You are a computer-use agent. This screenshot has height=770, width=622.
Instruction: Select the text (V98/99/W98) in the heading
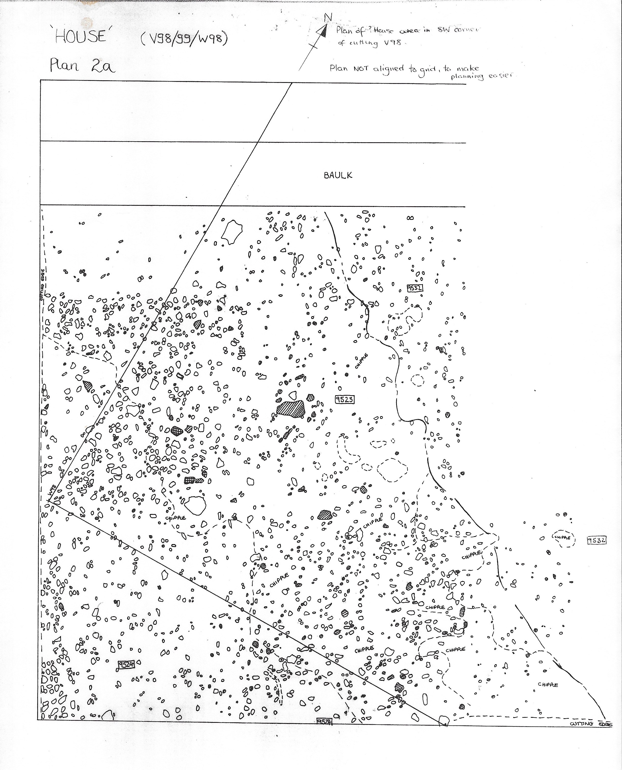(184, 39)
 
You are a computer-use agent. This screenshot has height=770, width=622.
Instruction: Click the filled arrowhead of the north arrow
(323, 32)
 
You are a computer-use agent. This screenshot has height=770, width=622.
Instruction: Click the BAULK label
(338, 175)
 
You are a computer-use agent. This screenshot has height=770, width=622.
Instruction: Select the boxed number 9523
(344, 399)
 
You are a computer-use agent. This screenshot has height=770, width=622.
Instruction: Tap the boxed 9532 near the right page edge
(597, 540)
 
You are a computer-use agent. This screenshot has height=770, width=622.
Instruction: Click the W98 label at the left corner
(52, 491)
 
